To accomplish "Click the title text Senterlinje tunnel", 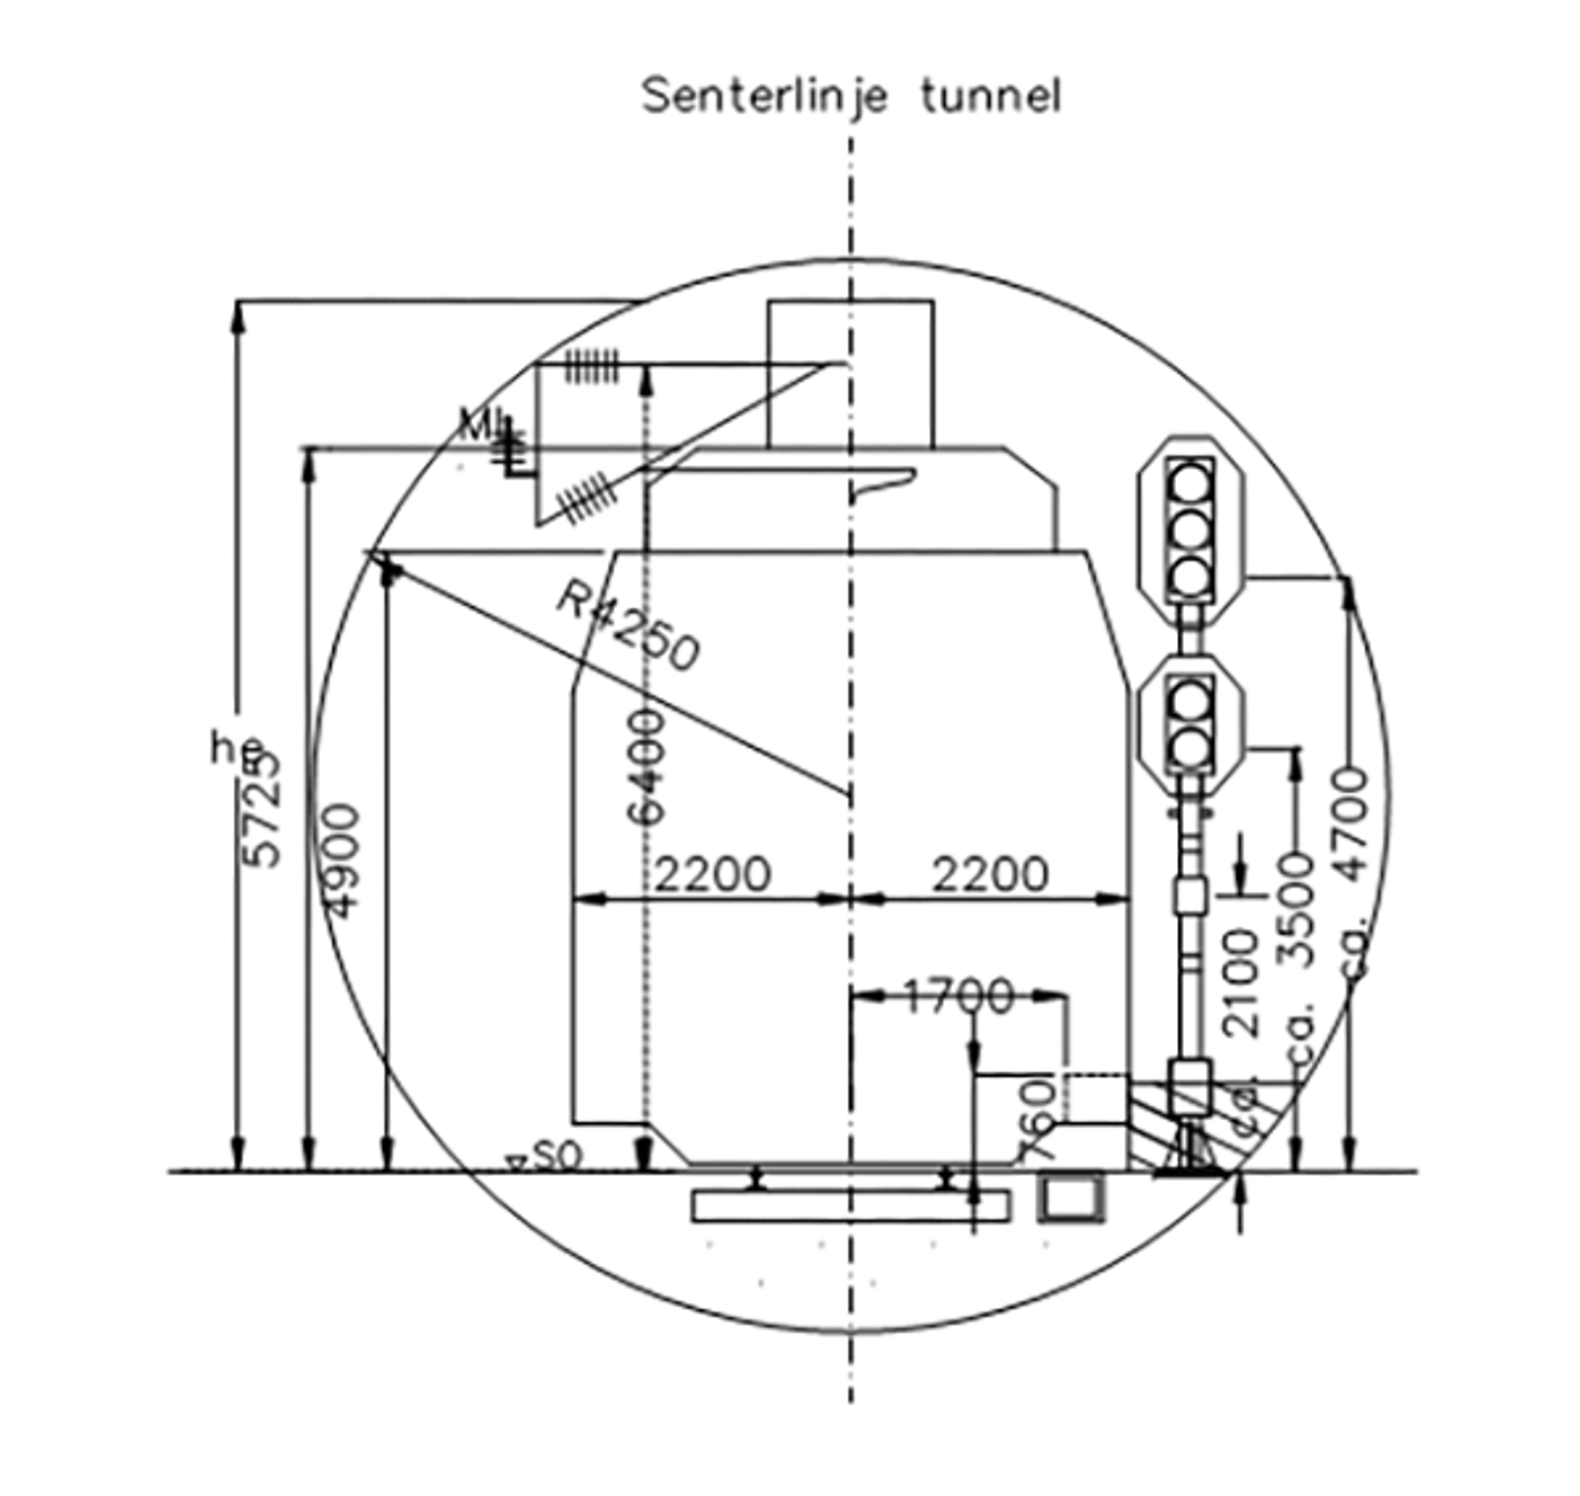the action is click(851, 97).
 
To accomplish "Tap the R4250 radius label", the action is click(628, 625).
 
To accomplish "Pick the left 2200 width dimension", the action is click(712, 875).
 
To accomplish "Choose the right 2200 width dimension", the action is click(989, 875).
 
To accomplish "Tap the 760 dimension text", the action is click(1039, 1121).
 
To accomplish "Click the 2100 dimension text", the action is click(1241, 983).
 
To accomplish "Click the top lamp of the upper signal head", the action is click(1190, 485).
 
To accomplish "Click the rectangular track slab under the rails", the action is click(850, 1206).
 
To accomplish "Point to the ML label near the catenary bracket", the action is click(483, 425).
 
